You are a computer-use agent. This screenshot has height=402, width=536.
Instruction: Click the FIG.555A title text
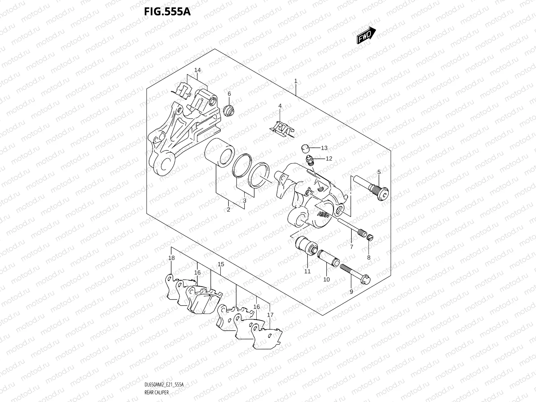pos(167,12)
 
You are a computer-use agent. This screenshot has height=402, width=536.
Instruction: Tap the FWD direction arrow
pos(366,35)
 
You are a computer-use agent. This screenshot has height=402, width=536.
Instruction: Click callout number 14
pos(197,70)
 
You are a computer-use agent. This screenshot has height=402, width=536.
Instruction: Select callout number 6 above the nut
pos(229,94)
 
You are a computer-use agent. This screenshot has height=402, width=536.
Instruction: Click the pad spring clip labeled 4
pos(282,129)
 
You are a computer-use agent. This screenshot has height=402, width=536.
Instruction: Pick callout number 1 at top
pos(296,81)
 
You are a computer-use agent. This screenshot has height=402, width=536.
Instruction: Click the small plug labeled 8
pos(370,238)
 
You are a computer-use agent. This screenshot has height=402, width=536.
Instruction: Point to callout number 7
pos(351,247)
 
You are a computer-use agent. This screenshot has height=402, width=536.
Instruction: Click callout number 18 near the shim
pos(171,258)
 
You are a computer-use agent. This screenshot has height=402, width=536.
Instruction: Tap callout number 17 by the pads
pos(270,315)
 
